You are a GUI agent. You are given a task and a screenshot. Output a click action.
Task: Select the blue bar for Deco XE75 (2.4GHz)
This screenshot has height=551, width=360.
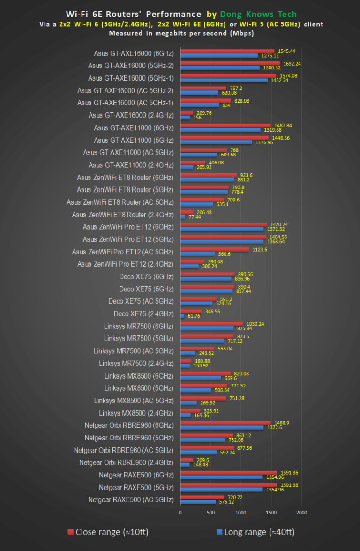click(182, 316)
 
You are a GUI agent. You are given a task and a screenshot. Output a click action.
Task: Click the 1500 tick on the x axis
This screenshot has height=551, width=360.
click(271, 512)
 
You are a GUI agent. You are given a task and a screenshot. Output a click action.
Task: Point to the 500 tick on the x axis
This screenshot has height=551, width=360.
click(210, 512)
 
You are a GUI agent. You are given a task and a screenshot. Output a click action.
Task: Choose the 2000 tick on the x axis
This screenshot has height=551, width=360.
click(301, 512)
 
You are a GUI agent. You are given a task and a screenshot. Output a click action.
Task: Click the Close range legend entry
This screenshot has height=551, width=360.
click(108, 532)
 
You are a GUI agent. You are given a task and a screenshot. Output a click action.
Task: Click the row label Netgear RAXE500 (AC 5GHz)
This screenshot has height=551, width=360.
click(131, 500)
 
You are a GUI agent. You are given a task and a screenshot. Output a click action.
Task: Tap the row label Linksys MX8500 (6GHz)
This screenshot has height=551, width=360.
click(139, 375)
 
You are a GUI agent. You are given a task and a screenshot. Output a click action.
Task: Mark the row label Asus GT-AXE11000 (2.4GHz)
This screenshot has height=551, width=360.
click(131, 165)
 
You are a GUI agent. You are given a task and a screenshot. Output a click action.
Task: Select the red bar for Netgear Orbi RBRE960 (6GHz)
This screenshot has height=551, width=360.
click(225, 423)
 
